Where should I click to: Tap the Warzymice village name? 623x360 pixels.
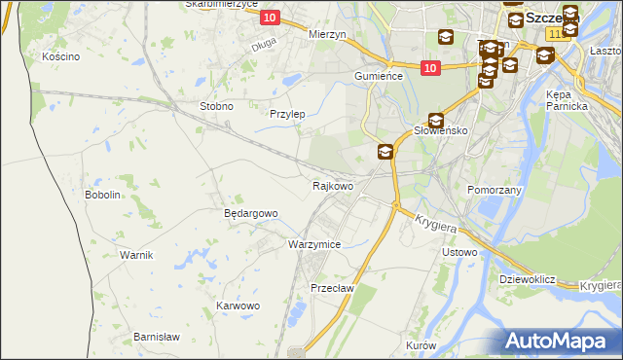(x=313, y=244)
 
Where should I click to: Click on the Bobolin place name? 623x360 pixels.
(x=102, y=195)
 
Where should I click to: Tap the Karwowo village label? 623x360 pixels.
(x=238, y=306)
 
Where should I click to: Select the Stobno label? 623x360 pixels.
(x=215, y=106)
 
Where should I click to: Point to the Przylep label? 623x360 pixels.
(x=287, y=114)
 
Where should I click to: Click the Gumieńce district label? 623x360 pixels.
(x=379, y=75)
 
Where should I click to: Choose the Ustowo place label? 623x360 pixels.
(x=459, y=252)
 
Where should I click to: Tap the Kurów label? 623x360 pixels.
(x=421, y=345)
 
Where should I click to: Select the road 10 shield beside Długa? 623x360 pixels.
(x=271, y=18)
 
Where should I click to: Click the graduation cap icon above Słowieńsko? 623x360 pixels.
(x=436, y=120)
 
